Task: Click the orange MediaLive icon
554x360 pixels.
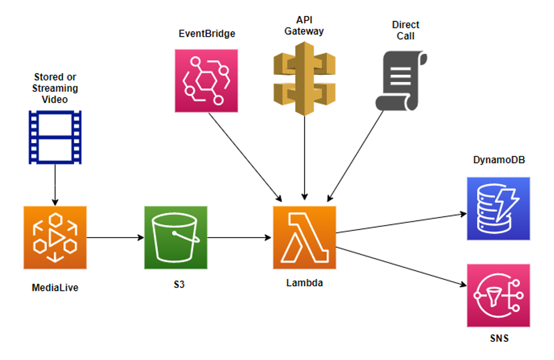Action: tap(55, 237)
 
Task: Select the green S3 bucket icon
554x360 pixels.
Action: tap(176, 237)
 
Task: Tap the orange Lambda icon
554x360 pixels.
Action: tap(305, 237)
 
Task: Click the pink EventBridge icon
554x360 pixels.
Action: tap(206, 80)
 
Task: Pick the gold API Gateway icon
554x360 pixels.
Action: tap(305, 83)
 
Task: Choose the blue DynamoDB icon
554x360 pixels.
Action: tap(498, 208)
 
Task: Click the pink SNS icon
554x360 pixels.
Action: tap(498, 295)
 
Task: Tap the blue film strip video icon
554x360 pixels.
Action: tap(55, 137)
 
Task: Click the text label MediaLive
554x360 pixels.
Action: tap(55, 288)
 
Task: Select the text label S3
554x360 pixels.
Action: tap(179, 284)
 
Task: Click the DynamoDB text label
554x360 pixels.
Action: tap(499, 160)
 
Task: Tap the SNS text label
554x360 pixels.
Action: tap(499, 339)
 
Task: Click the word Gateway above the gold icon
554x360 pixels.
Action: tap(305, 31)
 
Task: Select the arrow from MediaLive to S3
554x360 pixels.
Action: tap(116, 238)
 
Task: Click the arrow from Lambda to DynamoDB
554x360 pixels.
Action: tap(400, 223)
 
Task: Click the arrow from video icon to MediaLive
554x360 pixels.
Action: tap(55, 185)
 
